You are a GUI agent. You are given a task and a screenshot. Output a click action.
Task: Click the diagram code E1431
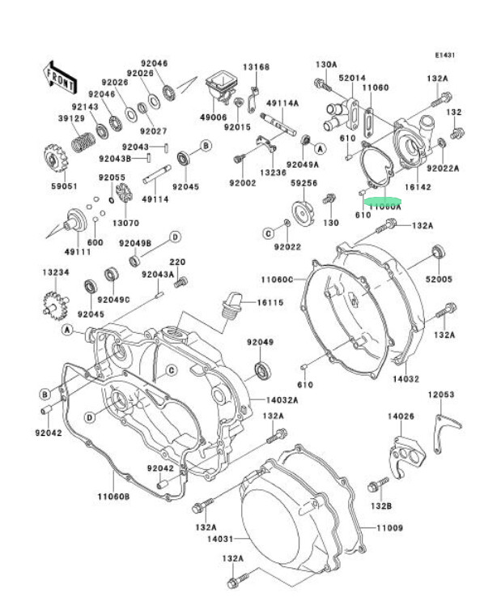(x=444, y=55)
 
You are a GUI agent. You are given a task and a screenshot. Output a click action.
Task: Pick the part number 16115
(x=270, y=302)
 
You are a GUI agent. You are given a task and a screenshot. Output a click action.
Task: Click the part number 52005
(x=439, y=279)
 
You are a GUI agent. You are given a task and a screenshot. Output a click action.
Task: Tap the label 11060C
(x=277, y=280)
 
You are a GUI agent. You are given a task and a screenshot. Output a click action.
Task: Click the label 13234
(x=56, y=273)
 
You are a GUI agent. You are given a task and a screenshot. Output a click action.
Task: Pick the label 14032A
(x=282, y=399)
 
